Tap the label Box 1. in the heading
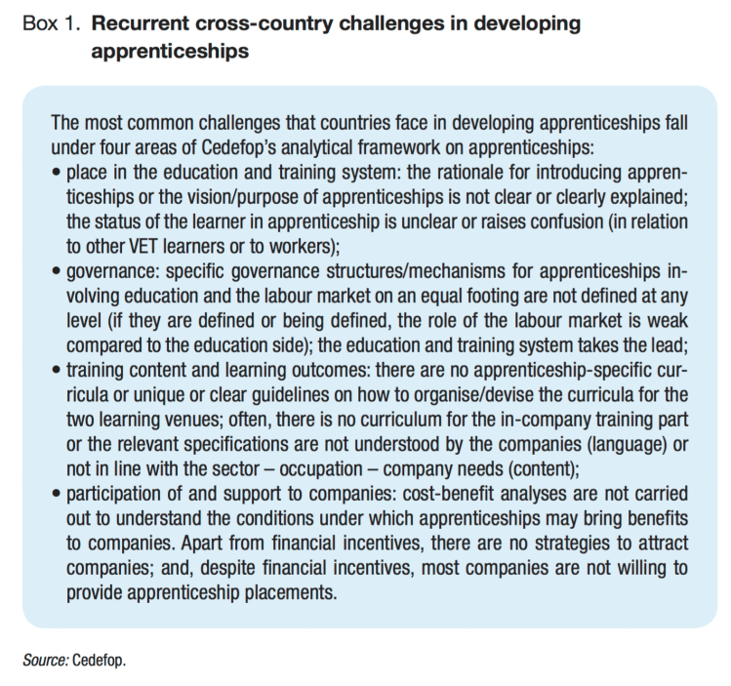coord(51,22)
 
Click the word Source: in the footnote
coord(46,660)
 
